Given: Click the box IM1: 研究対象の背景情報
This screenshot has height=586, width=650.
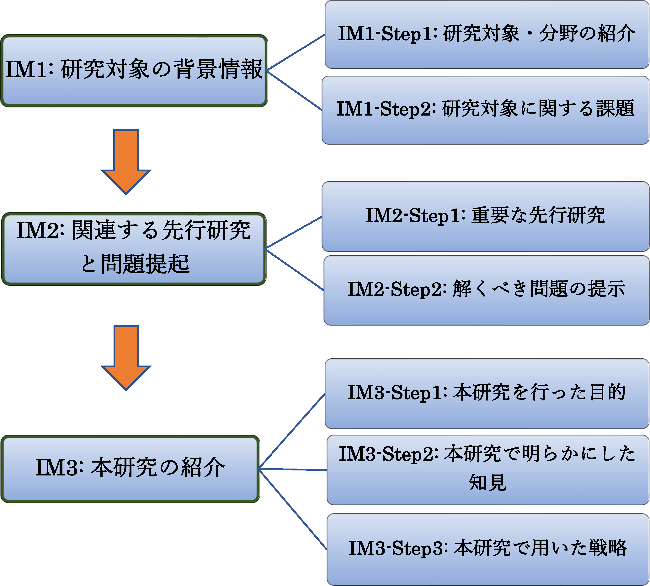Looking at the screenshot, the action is pyautogui.click(x=134, y=71).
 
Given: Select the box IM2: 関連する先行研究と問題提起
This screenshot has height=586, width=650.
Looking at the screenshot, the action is pyautogui.click(x=134, y=249).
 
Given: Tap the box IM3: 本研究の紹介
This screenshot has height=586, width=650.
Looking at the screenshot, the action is pyautogui.click(x=130, y=469).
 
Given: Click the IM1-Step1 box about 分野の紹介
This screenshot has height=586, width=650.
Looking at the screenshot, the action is pyautogui.click(x=487, y=35).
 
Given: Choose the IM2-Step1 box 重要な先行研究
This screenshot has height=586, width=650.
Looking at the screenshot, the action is pyautogui.click(x=486, y=216).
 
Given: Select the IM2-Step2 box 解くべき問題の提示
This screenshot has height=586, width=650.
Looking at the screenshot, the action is pyautogui.click(x=487, y=290).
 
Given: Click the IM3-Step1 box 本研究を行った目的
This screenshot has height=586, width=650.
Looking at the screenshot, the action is pyautogui.click(x=487, y=393).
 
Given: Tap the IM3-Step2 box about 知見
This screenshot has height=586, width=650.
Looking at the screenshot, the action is pyautogui.click(x=488, y=470).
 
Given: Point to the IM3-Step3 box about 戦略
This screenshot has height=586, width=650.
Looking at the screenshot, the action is pyautogui.click(x=488, y=549).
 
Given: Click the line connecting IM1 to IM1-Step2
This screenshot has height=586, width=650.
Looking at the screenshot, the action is pyautogui.click(x=294, y=90).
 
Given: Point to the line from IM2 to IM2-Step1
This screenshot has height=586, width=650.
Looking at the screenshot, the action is pyautogui.click(x=293, y=232).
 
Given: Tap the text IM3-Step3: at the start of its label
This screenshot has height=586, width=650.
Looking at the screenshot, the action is pyautogui.click(x=398, y=548).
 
